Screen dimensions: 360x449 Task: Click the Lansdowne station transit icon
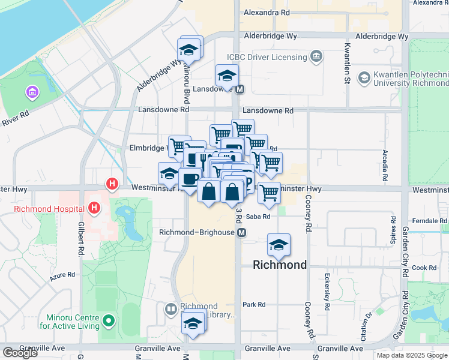pyautogui.click(x=240, y=89)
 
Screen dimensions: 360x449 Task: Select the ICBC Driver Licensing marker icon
pyautogui.click(x=316, y=58)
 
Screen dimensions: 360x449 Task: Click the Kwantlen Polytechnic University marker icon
pyautogui.click(x=364, y=78)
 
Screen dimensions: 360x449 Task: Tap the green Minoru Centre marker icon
pyautogui.click(x=109, y=321)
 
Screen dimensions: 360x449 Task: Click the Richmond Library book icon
pyautogui.click(x=171, y=310)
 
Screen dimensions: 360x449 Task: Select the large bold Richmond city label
pyautogui.click(x=280, y=265)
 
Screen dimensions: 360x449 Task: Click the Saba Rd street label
pyautogui.click(x=258, y=217)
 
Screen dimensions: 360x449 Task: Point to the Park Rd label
pyautogui.click(x=254, y=305)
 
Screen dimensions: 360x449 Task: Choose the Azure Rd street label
pyautogui.click(x=62, y=274)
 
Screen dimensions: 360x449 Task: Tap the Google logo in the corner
pyautogui.click(x=20, y=353)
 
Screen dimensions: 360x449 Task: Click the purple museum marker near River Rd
pyautogui.click(x=31, y=92)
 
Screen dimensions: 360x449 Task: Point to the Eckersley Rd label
pyautogui.click(x=327, y=292)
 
